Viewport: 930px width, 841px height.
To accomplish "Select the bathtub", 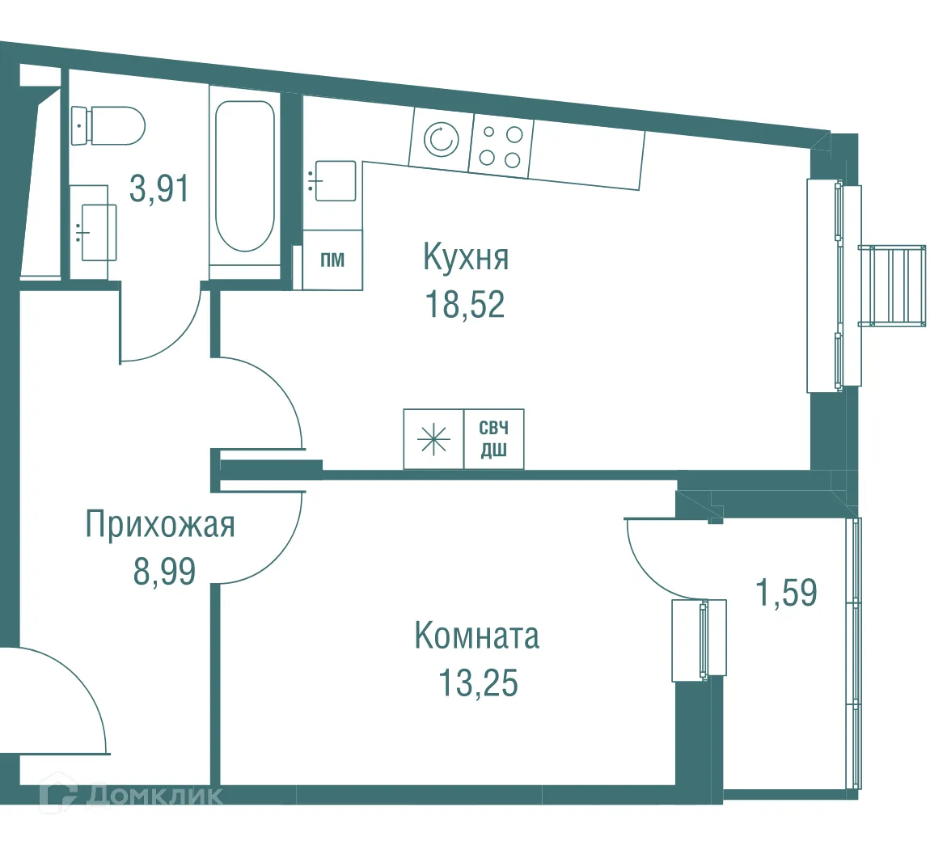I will pyautogui.click(x=244, y=176).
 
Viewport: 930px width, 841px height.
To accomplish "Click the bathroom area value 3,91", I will pyautogui.click(x=159, y=189).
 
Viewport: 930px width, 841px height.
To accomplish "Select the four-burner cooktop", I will pyautogui.click(x=500, y=146).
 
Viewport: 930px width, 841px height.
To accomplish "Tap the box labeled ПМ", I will pyautogui.click(x=332, y=260).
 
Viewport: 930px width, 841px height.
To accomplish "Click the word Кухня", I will pyautogui.click(x=465, y=258).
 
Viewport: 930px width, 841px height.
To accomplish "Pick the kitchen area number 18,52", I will pyautogui.click(x=465, y=305).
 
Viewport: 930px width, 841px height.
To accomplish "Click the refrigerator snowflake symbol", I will pyautogui.click(x=433, y=439).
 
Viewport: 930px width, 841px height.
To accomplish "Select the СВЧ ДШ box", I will pyautogui.click(x=493, y=439).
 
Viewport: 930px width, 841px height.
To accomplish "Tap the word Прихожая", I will pyautogui.click(x=160, y=525).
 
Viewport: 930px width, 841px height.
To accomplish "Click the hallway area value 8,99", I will pyautogui.click(x=165, y=572).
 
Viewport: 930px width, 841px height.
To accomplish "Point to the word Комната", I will pyautogui.click(x=476, y=636).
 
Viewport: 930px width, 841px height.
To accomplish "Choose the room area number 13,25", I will pyautogui.click(x=477, y=683).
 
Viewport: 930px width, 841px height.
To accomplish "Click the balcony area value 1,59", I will pyautogui.click(x=785, y=593).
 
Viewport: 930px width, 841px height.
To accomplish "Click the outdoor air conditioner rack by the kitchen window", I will pyautogui.click(x=891, y=285).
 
